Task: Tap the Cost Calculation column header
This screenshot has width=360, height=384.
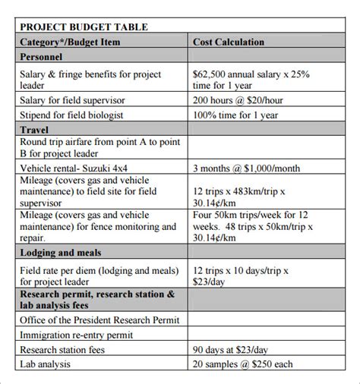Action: pyautogui.click(x=229, y=42)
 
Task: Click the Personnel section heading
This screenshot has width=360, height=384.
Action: pyautogui.click(x=42, y=57)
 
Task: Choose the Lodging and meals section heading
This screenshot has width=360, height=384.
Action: pyautogui.click(x=61, y=253)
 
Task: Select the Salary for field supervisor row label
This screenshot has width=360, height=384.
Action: pyautogui.click(x=83, y=100)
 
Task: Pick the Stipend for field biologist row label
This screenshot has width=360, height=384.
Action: pyautogui.click(x=83, y=115)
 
